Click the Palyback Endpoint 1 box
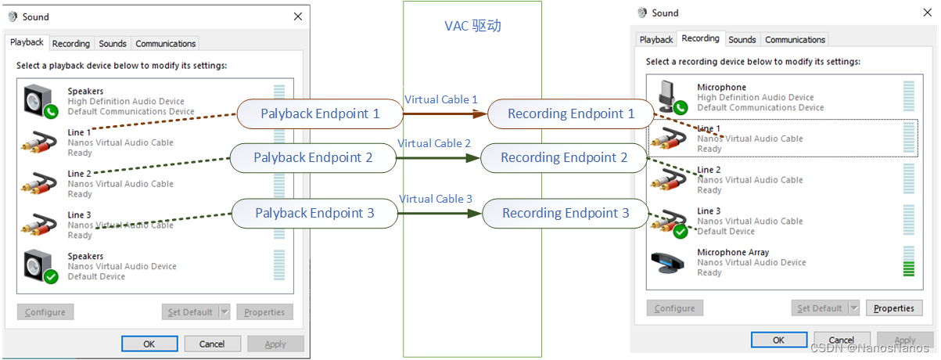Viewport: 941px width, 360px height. point(319,113)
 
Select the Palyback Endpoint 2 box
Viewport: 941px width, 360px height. point(312,157)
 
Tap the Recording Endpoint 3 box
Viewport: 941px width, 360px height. point(565,213)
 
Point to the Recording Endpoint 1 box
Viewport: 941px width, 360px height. point(570,113)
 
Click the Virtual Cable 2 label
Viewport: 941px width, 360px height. point(434,143)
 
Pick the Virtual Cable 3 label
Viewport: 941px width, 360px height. point(436,199)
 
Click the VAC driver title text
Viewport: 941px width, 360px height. point(472,26)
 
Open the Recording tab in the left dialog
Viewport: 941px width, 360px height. point(71,44)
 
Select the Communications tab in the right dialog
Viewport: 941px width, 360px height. point(795,40)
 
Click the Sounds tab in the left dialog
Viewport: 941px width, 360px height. point(113,44)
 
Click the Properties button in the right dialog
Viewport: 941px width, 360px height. point(893,308)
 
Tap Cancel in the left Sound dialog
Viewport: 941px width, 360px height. point(212,344)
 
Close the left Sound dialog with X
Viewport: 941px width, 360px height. point(298,16)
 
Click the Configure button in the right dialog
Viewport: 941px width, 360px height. point(674,308)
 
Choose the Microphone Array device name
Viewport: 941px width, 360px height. point(732,253)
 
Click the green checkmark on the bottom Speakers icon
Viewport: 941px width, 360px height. point(51,276)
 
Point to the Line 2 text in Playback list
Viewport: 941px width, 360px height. point(80,174)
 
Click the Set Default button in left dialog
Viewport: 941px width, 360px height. point(190,312)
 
